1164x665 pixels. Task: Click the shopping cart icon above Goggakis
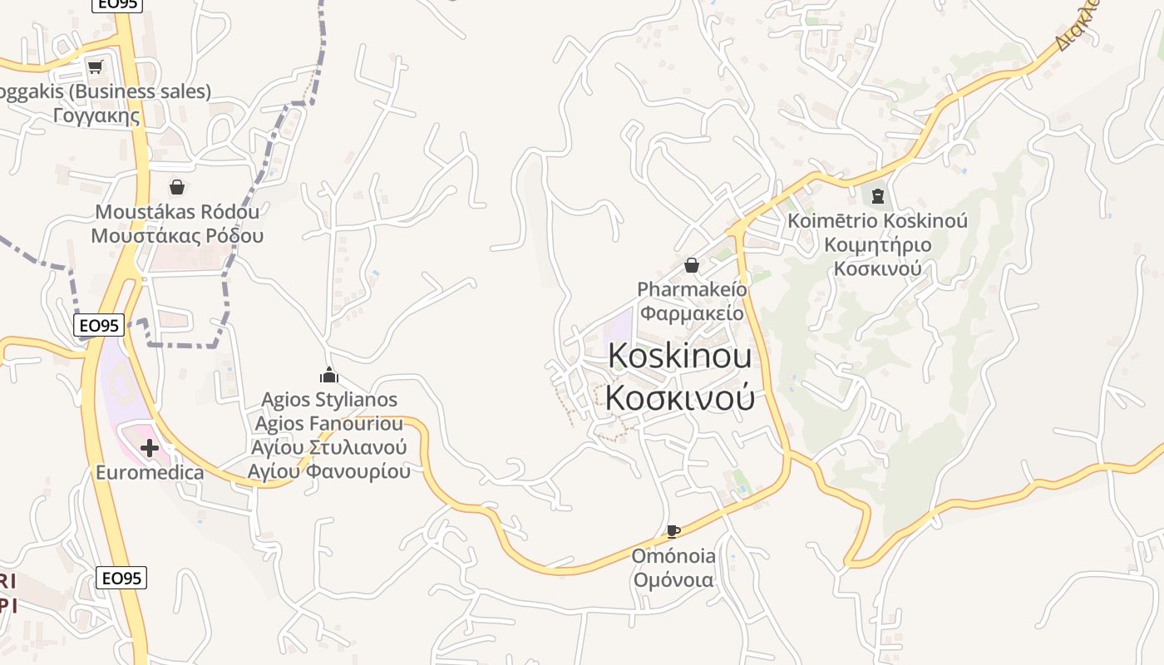click(x=95, y=66)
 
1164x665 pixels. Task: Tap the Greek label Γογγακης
click(x=96, y=115)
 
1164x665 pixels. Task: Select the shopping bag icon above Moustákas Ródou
click(x=176, y=187)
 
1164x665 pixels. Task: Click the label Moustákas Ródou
click(x=177, y=211)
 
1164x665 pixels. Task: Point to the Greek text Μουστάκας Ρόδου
click(x=177, y=235)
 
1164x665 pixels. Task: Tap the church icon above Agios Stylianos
click(x=329, y=376)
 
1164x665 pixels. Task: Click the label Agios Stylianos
click(x=329, y=400)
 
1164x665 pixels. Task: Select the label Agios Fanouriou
click(x=329, y=423)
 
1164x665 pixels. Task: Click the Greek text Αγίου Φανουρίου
click(x=329, y=471)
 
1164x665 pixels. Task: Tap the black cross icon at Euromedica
click(x=150, y=449)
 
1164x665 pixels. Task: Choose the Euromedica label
click(x=150, y=473)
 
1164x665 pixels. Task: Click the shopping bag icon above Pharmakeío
click(x=691, y=265)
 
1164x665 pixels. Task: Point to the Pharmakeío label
click(x=692, y=289)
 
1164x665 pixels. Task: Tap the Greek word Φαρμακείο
click(x=692, y=313)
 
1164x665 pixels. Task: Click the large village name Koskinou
click(x=680, y=356)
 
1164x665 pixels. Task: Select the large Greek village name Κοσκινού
click(x=680, y=397)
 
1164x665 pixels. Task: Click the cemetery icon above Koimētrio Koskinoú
click(x=877, y=197)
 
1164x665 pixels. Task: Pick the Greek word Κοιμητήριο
click(x=877, y=245)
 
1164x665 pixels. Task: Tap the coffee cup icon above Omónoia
click(x=673, y=531)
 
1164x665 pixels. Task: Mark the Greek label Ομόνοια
click(x=673, y=579)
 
